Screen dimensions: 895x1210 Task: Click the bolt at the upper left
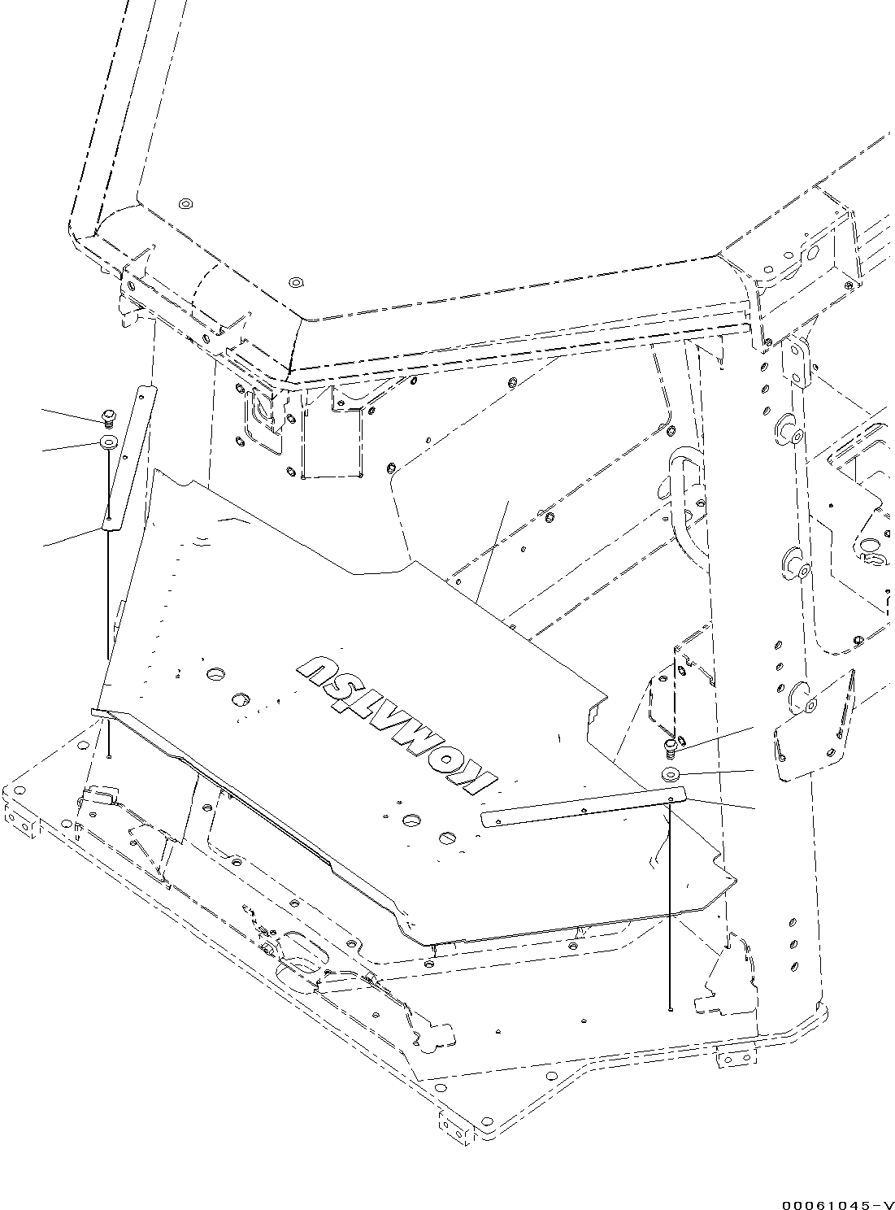[107, 418]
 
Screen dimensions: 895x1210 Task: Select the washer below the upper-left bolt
[107, 442]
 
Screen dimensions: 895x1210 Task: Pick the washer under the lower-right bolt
[672, 774]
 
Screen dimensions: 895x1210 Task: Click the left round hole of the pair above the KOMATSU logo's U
[215, 674]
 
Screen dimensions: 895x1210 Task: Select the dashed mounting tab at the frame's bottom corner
[455, 1124]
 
